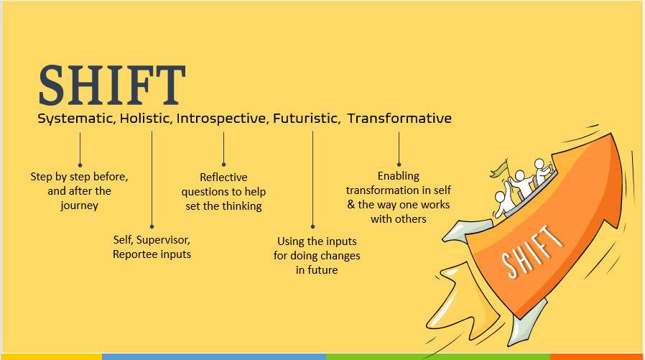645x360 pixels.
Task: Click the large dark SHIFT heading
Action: click(111, 85)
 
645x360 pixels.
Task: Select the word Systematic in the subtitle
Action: click(75, 119)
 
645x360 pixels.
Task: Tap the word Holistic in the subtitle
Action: click(145, 119)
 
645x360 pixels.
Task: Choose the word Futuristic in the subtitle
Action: click(307, 119)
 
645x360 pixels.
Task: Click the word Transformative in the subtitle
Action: click(399, 119)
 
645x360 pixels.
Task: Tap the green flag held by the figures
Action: click(499, 169)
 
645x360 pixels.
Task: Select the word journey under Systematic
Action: click(80, 206)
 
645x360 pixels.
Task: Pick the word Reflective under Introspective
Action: click(223, 177)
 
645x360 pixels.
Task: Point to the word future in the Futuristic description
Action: click(322, 270)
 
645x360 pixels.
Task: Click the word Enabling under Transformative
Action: click(398, 176)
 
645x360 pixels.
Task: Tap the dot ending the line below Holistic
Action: click(152, 226)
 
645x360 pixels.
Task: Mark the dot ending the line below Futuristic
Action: click(312, 226)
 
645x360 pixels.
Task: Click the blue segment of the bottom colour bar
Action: click(214, 356)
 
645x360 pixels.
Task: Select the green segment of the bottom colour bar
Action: click(438, 356)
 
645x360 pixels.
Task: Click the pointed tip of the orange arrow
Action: click(612, 134)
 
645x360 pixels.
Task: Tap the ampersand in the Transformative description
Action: click(351, 205)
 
